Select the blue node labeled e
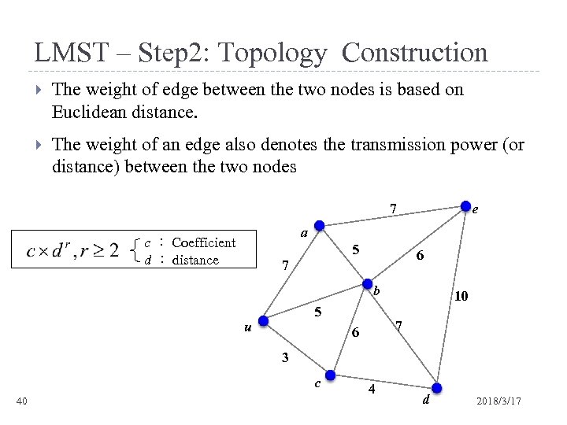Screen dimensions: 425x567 coord(466,204)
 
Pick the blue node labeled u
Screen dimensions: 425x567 coord(264,320)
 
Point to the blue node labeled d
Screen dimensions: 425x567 coord(438,387)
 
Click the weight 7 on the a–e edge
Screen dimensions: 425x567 coord(393,209)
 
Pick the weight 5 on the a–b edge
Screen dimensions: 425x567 coord(356,250)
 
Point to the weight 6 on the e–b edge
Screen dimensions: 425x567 coord(421,257)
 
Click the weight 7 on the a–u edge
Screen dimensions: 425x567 coord(285,264)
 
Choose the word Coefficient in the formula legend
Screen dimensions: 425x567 coord(203,242)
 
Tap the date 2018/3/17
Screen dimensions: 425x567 coord(498,403)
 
